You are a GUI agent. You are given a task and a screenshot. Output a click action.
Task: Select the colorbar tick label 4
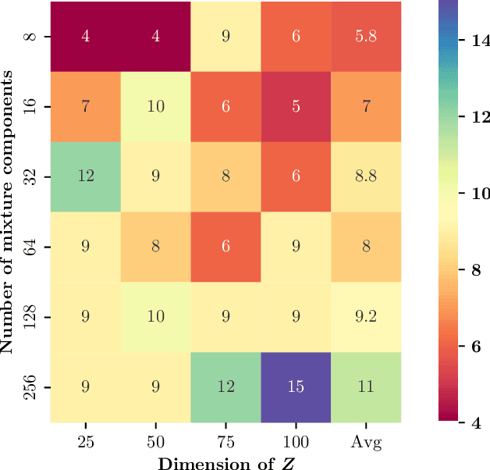(x=470, y=422)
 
